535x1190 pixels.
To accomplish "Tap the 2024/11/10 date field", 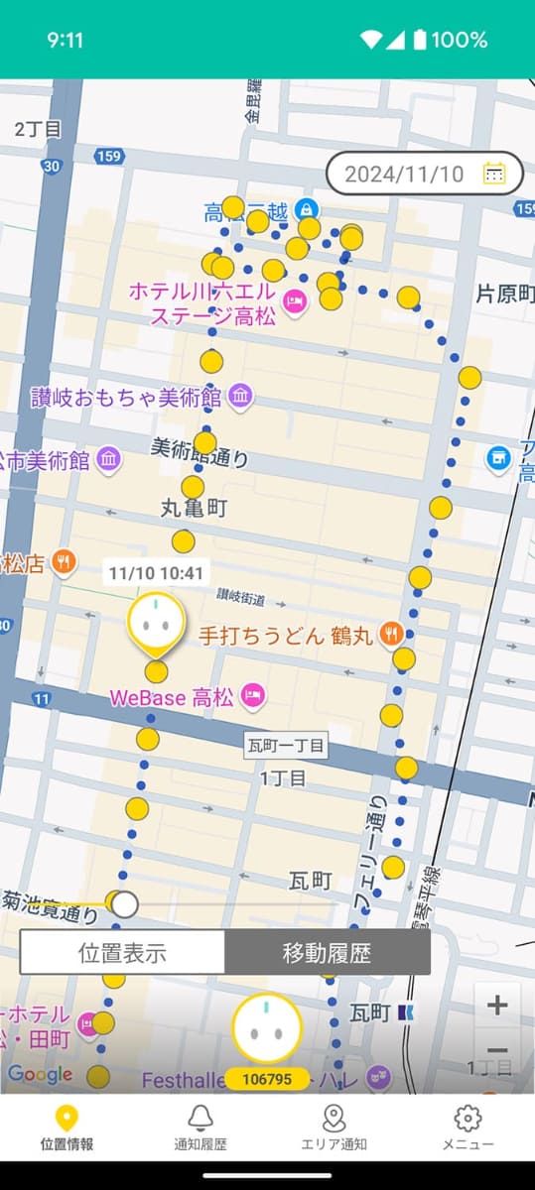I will tap(404, 175).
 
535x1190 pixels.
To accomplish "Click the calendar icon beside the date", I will tap(494, 175).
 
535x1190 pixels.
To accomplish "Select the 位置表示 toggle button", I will tap(122, 954).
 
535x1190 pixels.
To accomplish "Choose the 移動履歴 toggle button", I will tap(327, 954).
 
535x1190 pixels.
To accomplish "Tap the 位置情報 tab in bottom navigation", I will tap(67, 1128).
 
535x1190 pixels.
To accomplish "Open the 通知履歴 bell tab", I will tap(201, 1128).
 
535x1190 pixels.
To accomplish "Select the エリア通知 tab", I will tap(334, 1128).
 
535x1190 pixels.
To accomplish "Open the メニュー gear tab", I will tap(468, 1128).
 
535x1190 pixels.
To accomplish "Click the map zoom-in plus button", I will tap(497, 1006).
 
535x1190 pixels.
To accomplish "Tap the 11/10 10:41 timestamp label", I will tap(156, 572).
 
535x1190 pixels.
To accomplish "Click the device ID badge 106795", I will tap(267, 1079).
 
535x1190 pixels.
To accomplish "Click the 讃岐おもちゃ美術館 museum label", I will tap(126, 398).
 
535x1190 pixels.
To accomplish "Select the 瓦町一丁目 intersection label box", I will tap(286, 746).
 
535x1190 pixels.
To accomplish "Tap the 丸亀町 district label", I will tap(194, 509).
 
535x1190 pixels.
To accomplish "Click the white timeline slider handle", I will tap(124, 903).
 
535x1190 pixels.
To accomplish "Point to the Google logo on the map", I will tap(40, 1074).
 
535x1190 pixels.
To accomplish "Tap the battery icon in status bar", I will tap(420, 40).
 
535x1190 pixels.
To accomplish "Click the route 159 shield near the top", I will tap(109, 157).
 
